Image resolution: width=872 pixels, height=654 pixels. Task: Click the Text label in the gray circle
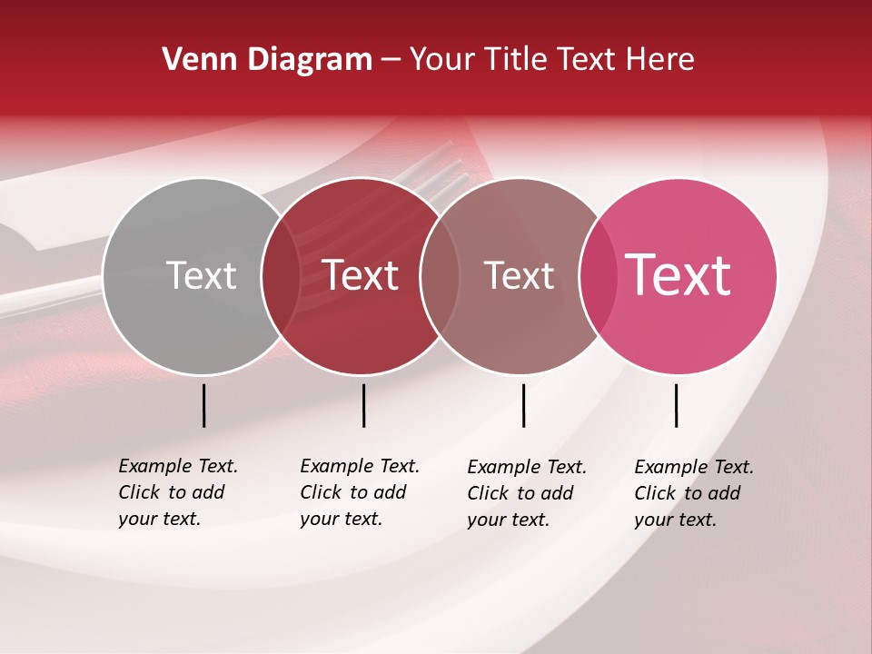pyautogui.click(x=201, y=275)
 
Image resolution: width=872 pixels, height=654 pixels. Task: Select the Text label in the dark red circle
pyautogui.click(x=361, y=275)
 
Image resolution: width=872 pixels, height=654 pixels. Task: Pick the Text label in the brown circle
pyautogui.click(x=519, y=275)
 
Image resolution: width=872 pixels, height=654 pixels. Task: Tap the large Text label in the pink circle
pyautogui.click(x=679, y=275)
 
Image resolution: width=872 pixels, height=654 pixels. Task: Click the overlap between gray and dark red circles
pyautogui.click(x=281, y=276)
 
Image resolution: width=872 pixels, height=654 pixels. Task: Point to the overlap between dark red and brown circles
pyautogui.click(x=439, y=276)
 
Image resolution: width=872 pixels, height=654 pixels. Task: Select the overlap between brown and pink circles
pyautogui.click(x=598, y=276)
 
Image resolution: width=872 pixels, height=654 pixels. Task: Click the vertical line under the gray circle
pyautogui.click(x=204, y=405)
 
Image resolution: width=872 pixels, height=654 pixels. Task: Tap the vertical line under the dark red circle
pyautogui.click(x=363, y=405)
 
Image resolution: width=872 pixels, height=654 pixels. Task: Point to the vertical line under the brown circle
pyautogui.click(x=523, y=405)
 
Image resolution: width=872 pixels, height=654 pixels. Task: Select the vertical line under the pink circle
pyautogui.click(x=676, y=405)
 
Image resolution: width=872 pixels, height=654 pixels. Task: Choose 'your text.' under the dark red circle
pyautogui.click(x=341, y=520)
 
